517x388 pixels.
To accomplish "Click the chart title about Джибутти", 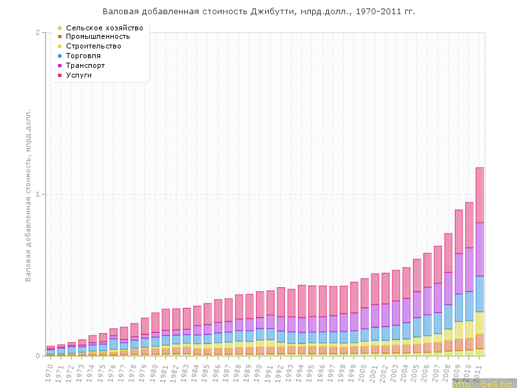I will tap(258, 12).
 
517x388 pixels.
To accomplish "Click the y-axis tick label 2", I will tap(37, 33).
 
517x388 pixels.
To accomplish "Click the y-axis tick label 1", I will tap(37, 195).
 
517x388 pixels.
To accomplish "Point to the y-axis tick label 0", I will tap(37, 356).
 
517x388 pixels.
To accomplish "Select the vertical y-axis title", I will tap(28, 194).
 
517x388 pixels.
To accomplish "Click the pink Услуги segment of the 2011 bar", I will tap(480, 195).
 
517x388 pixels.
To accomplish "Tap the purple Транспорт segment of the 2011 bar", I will tap(480, 249).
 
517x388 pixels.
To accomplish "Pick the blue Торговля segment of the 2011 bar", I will tap(480, 294).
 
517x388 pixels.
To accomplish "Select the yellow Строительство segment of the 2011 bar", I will tap(480, 323).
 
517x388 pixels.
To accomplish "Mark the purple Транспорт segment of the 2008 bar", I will tap(448, 288).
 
